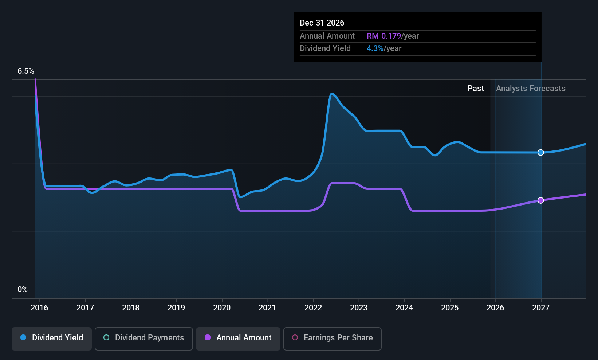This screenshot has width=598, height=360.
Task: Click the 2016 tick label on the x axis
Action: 39,308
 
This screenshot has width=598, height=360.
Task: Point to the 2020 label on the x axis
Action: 222,308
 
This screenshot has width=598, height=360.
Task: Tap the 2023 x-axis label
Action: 359,308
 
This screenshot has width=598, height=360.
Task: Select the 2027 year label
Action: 541,308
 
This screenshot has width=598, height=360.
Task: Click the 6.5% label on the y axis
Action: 26,71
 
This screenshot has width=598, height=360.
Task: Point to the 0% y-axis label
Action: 23,290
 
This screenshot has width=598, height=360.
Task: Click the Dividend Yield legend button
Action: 52,338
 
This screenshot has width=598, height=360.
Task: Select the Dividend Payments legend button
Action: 144,338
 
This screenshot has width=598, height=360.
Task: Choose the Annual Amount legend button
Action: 238,338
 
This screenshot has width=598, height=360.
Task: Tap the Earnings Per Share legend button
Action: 333,338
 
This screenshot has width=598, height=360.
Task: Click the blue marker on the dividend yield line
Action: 541,153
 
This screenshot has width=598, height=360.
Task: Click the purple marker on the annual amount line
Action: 541,200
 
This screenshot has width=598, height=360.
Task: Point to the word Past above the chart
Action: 476,89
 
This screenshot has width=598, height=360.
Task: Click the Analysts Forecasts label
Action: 531,89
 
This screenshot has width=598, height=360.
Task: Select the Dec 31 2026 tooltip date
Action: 322,23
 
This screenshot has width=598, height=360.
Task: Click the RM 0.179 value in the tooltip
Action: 383,36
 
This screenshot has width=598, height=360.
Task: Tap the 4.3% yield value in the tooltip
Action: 375,48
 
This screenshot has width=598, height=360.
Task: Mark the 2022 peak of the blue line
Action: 332,94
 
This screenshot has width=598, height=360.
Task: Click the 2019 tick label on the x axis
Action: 176,308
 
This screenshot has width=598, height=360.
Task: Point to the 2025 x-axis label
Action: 450,308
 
